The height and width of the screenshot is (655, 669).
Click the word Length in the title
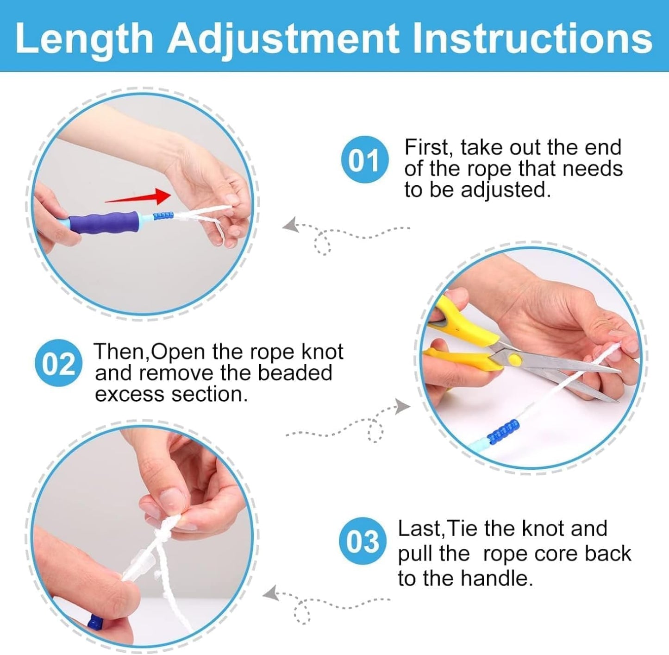[x=84, y=39]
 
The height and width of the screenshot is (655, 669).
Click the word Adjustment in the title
[x=283, y=39]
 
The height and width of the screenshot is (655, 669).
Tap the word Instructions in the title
[x=532, y=39]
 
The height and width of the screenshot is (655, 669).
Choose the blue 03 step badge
[x=362, y=541]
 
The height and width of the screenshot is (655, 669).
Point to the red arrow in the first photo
[x=139, y=197]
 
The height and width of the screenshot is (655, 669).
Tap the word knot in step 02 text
[x=322, y=352]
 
